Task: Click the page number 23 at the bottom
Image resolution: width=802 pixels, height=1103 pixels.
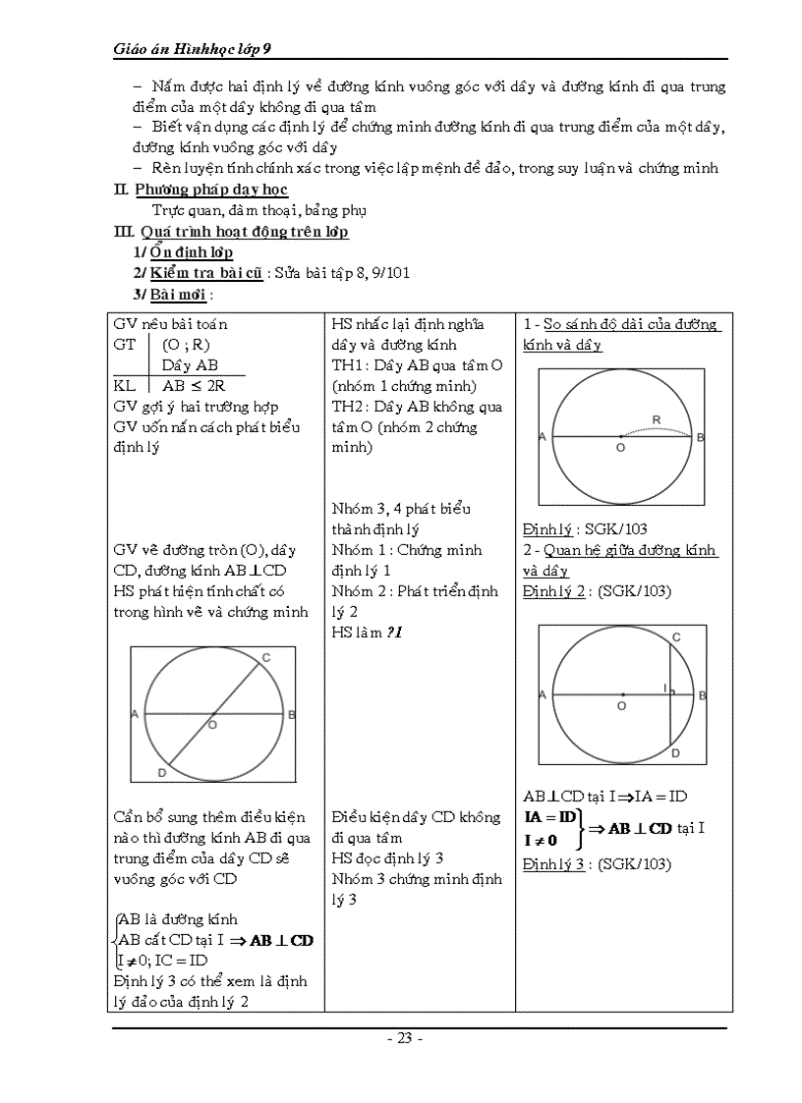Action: (x=404, y=1038)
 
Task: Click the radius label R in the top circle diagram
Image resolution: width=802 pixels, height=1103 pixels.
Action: (x=657, y=419)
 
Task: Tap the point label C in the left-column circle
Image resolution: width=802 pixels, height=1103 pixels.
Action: (x=266, y=657)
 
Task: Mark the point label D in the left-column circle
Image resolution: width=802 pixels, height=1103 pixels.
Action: (x=160, y=774)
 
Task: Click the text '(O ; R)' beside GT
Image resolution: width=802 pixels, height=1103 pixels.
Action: (x=187, y=345)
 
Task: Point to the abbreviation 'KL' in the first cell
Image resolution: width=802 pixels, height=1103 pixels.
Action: (x=125, y=386)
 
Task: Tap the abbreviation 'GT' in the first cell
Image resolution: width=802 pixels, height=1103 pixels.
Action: (x=125, y=345)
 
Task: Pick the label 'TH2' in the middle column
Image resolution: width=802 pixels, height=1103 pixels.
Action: (x=350, y=407)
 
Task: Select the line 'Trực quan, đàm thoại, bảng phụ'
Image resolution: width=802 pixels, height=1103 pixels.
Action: (x=259, y=210)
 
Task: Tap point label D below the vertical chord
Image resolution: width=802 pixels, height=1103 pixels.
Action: (x=675, y=753)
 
